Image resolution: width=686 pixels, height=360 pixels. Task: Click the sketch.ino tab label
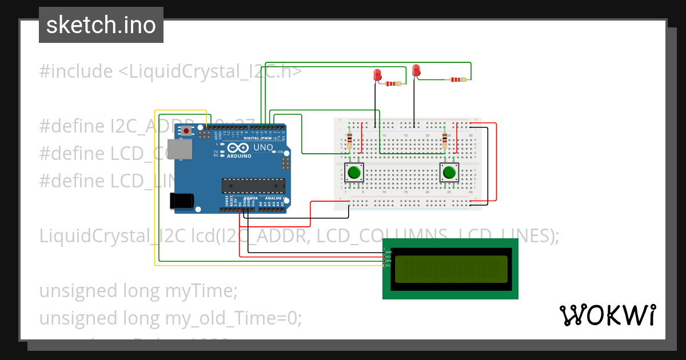click(101, 25)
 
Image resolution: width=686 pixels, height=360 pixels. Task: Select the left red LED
click(377, 75)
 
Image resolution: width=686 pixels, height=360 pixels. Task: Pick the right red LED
click(416, 71)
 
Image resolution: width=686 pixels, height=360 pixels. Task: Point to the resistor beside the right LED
click(457, 80)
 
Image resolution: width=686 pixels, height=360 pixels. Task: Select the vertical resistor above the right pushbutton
click(445, 139)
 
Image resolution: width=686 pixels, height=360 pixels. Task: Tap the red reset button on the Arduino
click(186, 131)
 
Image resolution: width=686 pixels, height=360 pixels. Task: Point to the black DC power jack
click(182, 201)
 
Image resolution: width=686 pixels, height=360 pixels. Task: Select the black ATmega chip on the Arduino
click(253, 186)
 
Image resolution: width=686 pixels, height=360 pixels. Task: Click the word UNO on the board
click(263, 147)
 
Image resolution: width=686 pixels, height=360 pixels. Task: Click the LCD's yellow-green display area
click(450, 269)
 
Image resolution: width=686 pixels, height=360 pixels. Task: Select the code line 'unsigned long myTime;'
click(138, 291)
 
